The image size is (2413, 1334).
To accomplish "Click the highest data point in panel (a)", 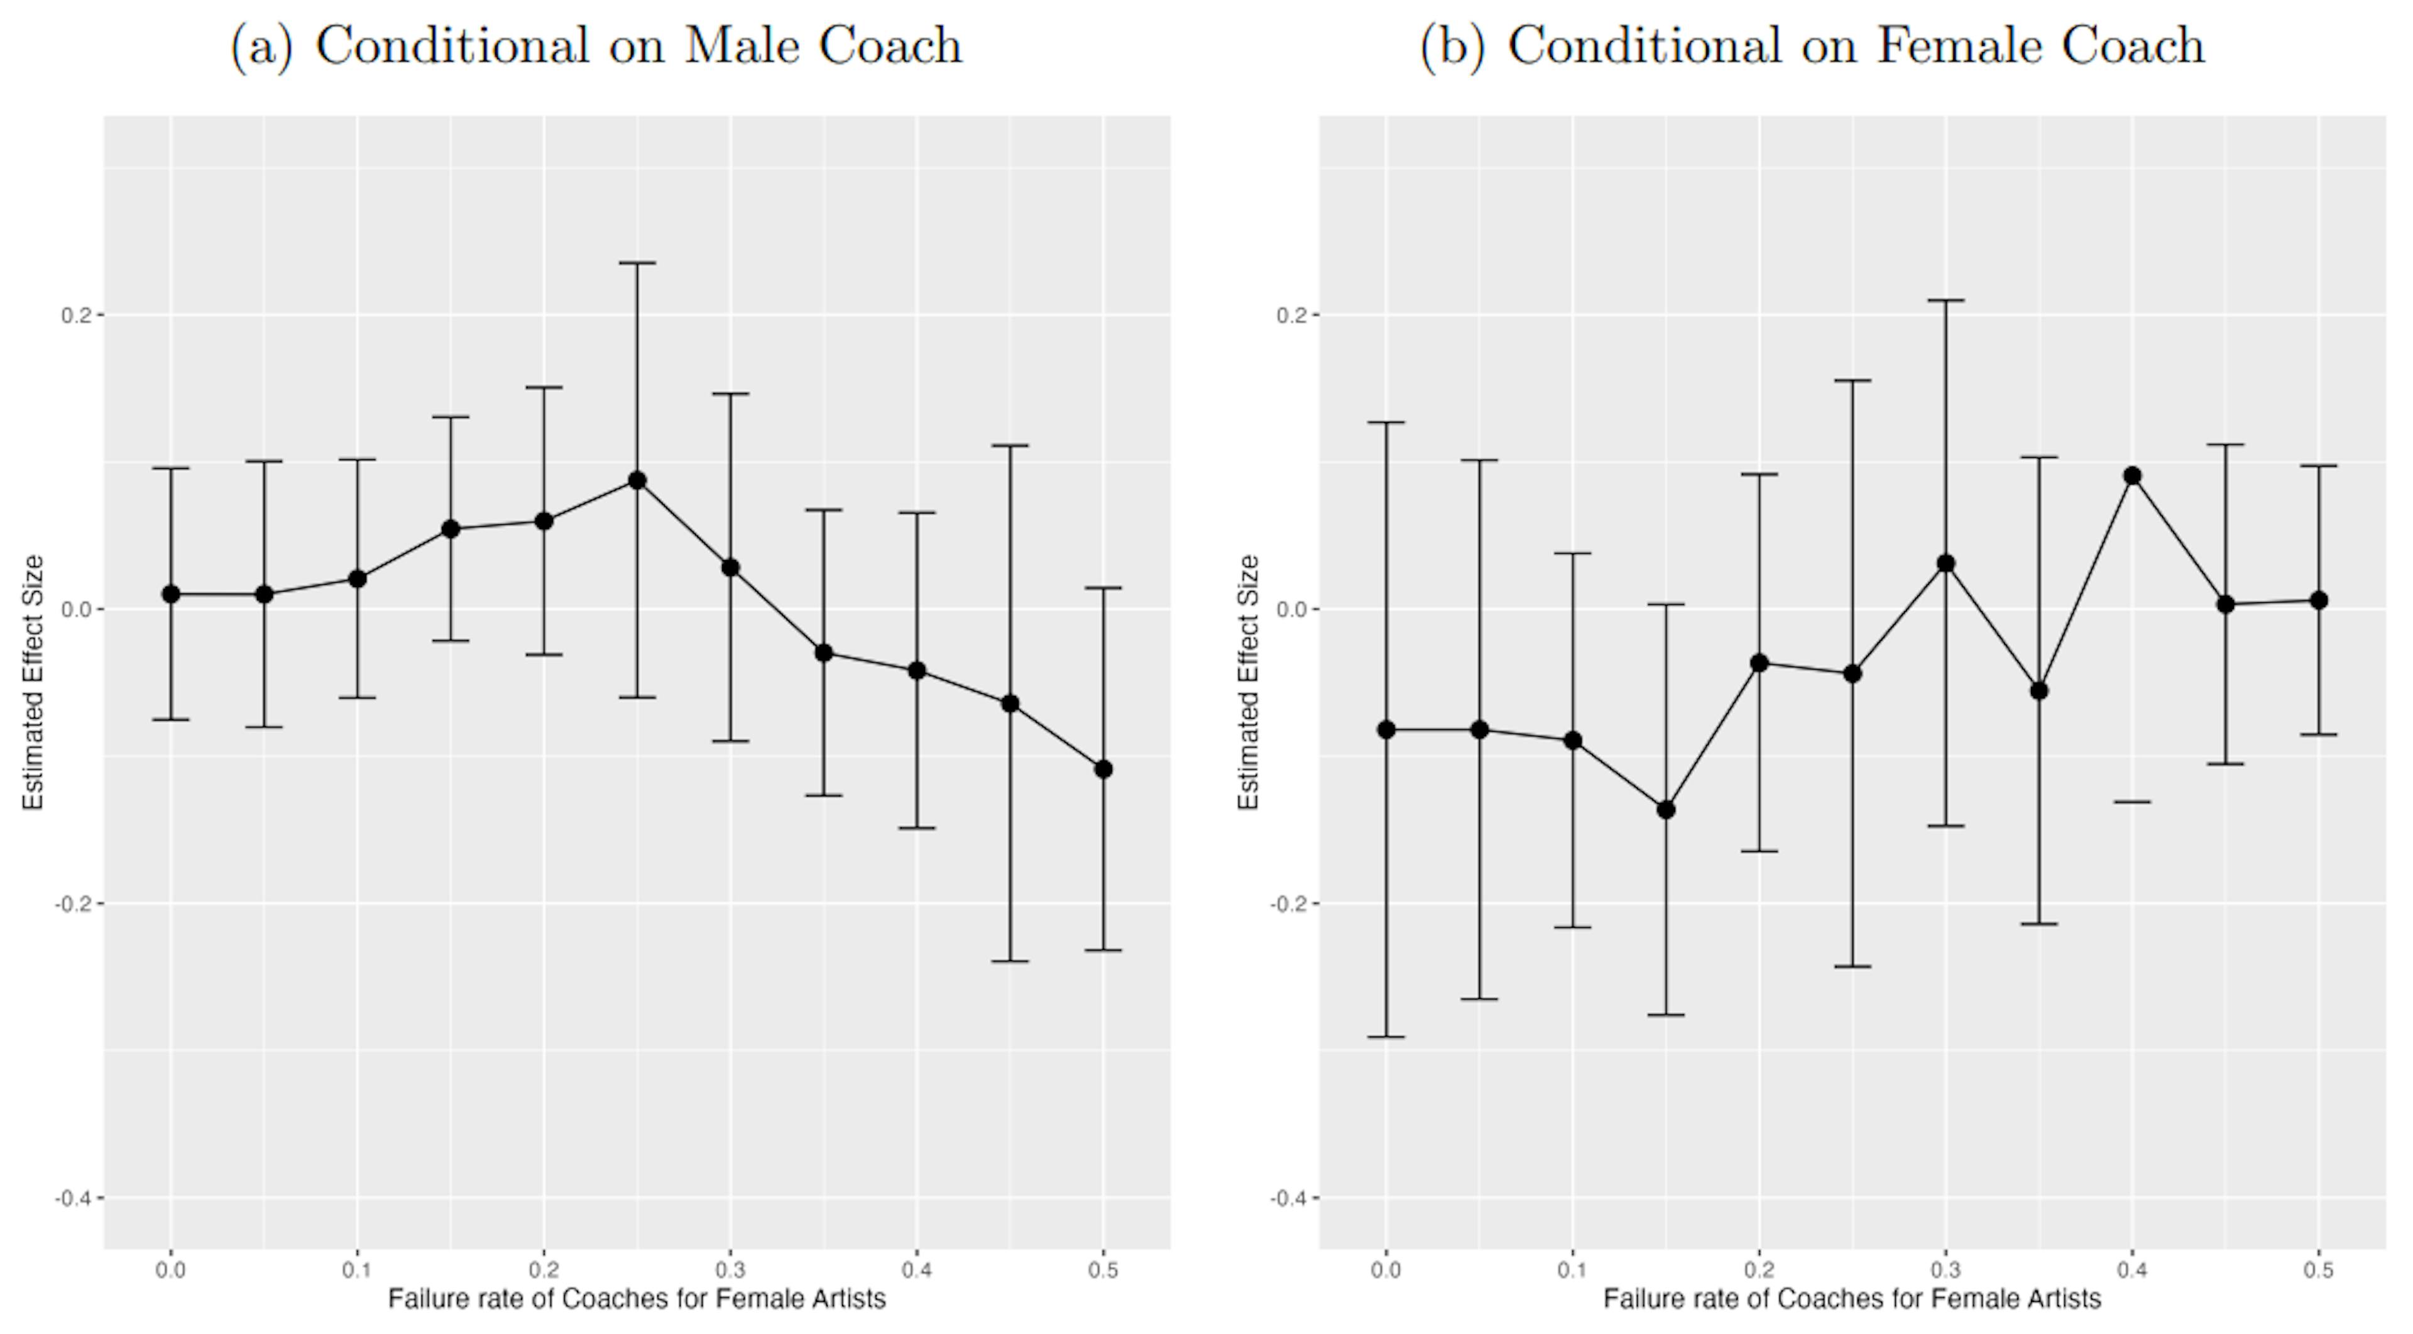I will [x=637, y=480].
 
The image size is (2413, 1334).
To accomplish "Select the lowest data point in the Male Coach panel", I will [x=1103, y=769].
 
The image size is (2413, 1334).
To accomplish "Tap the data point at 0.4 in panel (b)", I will [x=2132, y=476].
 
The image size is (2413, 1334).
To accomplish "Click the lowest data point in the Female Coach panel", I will [x=1665, y=810].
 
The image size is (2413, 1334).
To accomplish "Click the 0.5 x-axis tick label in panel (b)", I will [x=2318, y=1271].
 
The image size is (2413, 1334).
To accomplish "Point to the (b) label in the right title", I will [x=1452, y=47].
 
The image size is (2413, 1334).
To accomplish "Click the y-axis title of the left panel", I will [x=34, y=682].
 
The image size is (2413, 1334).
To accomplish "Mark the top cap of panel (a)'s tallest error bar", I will [x=637, y=263].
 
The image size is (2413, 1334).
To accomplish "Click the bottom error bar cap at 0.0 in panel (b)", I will [x=1386, y=1037].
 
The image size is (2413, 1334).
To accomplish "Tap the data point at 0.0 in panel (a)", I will [x=170, y=594].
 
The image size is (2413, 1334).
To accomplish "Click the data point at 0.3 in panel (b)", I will [x=1945, y=563].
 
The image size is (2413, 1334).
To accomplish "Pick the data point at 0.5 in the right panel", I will [x=2318, y=600].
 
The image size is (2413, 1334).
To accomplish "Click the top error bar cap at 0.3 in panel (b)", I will [x=1945, y=300].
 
